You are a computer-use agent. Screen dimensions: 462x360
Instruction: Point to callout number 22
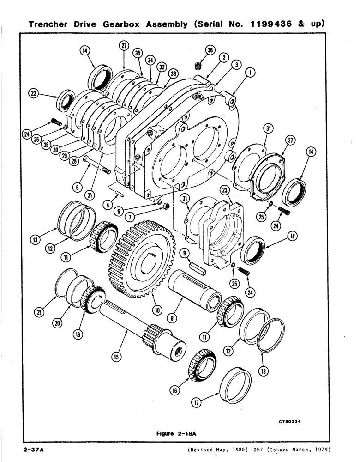(33, 93)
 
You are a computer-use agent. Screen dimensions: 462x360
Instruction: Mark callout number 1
(250, 72)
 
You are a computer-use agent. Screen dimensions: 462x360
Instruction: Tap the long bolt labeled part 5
(96, 165)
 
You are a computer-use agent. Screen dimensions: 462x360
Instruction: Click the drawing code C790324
(293, 421)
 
